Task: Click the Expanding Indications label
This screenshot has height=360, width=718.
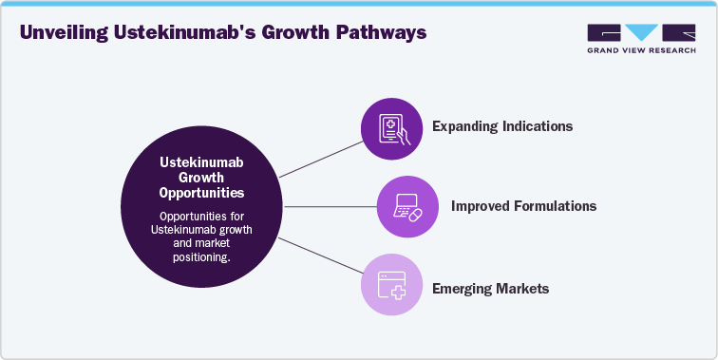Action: point(502,125)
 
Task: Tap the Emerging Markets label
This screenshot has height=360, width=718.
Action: point(490,287)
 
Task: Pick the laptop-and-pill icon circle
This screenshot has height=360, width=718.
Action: point(406,206)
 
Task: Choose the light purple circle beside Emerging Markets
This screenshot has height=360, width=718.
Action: point(391,285)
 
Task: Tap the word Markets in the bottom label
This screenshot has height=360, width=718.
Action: point(521,287)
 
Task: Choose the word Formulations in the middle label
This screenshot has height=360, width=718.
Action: point(555,204)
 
